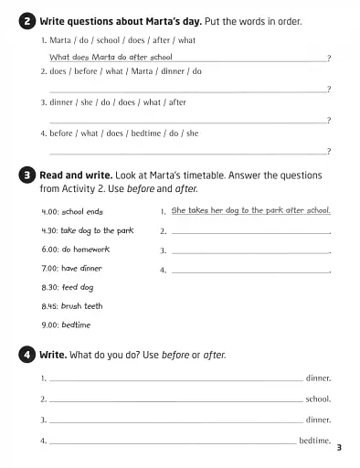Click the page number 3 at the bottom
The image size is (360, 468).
point(338,447)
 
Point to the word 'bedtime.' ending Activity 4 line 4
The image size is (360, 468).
point(314,441)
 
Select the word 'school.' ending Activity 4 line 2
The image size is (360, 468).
point(318,399)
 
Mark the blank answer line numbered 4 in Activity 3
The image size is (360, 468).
point(249,271)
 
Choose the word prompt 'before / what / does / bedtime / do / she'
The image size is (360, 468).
point(120,133)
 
